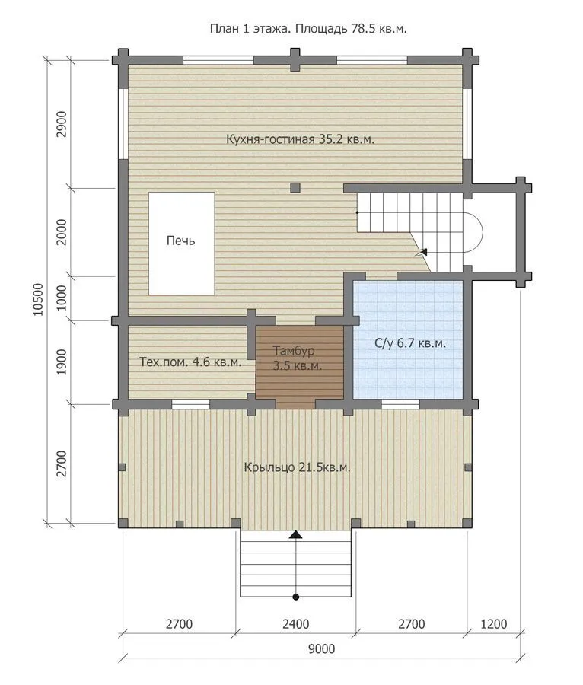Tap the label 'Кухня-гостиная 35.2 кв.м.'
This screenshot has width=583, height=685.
pos(300,139)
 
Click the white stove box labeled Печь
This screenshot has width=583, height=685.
pos(181,244)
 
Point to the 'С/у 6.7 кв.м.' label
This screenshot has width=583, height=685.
pos(410,343)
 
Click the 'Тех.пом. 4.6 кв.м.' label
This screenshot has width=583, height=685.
pos(190,362)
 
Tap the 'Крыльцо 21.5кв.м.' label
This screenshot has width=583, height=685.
pos(297,467)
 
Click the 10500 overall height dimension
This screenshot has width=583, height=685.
pos(39,299)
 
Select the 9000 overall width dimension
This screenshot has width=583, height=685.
pos(322,648)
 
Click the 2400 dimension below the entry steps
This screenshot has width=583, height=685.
pos(295,624)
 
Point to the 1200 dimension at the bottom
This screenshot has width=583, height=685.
pos(494,624)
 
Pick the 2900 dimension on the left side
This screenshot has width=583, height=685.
pos(62,125)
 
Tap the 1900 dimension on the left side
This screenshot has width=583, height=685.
pos(62,362)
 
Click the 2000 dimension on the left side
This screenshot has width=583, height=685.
pos(62,232)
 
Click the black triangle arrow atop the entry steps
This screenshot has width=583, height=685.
pos(295,534)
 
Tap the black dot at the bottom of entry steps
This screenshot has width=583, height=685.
pos(295,597)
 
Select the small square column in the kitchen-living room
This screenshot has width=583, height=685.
pos(295,188)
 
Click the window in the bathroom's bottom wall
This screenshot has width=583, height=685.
pos(400,404)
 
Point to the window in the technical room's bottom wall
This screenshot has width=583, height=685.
pos(190,404)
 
